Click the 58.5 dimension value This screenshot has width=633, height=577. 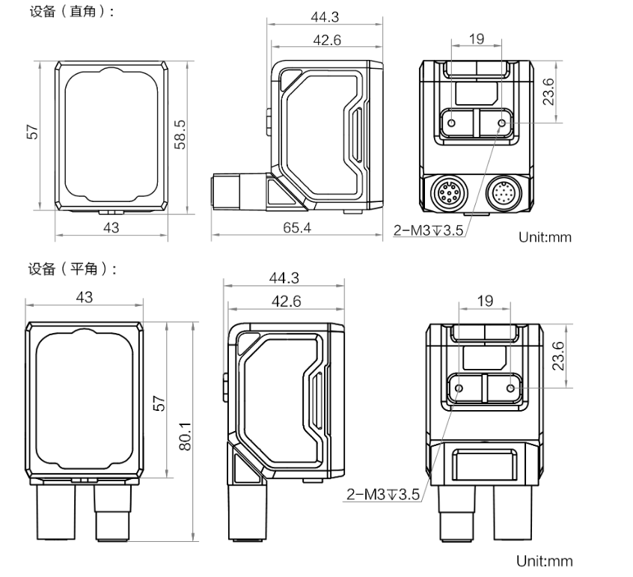[180, 135]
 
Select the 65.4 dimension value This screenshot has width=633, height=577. [297, 228]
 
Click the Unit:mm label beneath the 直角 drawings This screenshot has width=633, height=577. [545, 237]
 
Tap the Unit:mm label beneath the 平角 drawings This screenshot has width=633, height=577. [545, 561]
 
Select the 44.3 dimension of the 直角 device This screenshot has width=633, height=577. [326, 17]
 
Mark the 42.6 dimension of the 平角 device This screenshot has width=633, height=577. [286, 302]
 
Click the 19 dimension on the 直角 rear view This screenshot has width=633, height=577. [477, 40]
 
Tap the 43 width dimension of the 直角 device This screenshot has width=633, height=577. [111, 228]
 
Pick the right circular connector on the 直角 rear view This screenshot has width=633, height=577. [504, 195]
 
